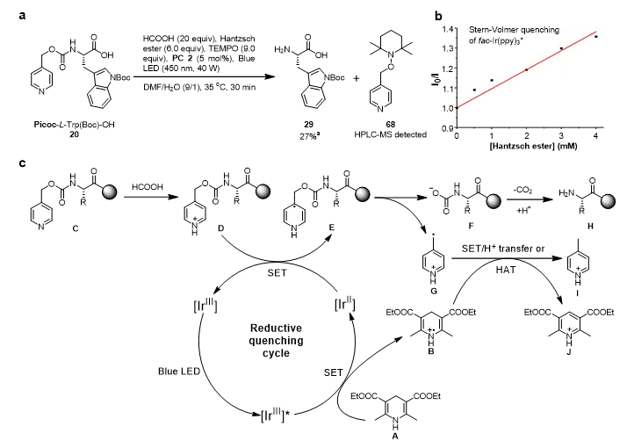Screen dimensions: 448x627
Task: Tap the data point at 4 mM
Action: (596, 37)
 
